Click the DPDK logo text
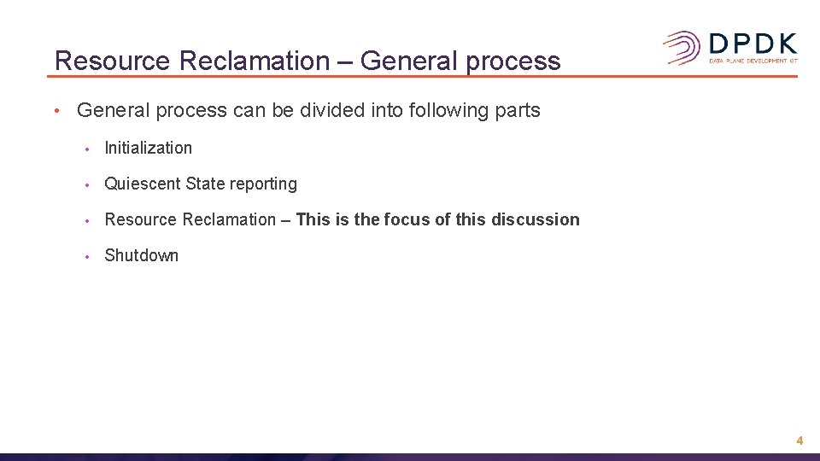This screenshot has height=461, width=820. [x=753, y=44]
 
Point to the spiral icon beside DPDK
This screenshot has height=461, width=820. [x=682, y=48]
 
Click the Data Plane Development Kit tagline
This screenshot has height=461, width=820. [x=753, y=61]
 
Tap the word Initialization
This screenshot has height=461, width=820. [x=148, y=148]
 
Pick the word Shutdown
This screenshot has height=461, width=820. [x=141, y=255]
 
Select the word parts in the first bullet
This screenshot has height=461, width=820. [x=517, y=110]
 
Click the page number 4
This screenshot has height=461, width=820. [x=799, y=441]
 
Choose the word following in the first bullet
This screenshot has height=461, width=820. [x=443, y=110]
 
